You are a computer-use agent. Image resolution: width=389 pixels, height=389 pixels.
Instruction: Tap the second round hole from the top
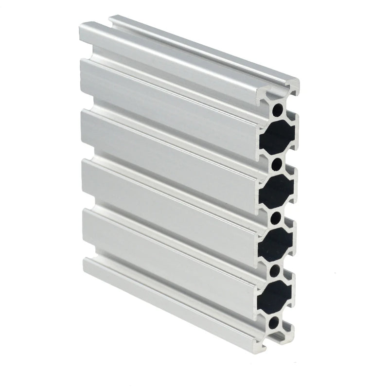[x=276, y=163]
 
